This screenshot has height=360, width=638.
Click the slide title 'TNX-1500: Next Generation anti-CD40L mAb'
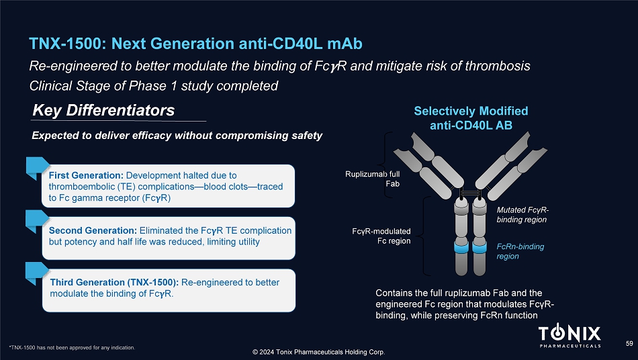click(195, 44)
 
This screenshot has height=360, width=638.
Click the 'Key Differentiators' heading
click(103, 110)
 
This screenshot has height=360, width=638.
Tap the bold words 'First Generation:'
click(86, 175)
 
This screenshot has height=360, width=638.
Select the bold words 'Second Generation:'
click(93, 230)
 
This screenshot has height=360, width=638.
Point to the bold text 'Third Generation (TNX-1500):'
click(114, 282)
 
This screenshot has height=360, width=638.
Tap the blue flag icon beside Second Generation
click(37, 221)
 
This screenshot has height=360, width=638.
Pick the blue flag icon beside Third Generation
click(37, 273)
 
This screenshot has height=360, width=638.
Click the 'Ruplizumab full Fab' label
click(372, 179)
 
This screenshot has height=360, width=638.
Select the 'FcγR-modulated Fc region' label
click(381, 236)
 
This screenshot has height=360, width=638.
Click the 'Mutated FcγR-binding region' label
click(522, 215)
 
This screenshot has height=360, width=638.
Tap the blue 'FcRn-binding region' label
click(520, 251)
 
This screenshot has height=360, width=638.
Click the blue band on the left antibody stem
click(461, 247)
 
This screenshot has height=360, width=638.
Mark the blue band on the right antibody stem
click(480, 247)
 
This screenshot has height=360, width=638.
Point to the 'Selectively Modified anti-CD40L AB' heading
click(471, 118)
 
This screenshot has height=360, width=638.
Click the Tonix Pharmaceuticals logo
click(569, 336)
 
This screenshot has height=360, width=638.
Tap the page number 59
click(629, 344)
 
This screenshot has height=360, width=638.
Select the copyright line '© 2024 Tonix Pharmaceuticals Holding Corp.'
click(318, 352)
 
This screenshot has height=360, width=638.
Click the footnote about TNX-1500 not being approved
click(72, 348)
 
